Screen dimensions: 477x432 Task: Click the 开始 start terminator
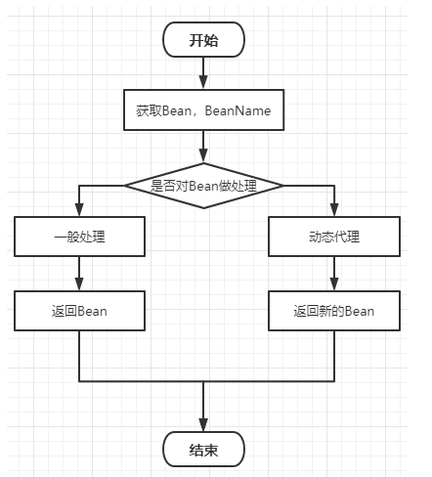(x=203, y=40)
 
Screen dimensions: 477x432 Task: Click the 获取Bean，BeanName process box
(x=203, y=111)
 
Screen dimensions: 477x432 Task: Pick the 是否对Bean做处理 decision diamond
(x=203, y=184)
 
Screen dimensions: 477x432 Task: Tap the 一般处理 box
(x=79, y=237)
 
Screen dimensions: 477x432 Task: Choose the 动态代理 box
(x=334, y=237)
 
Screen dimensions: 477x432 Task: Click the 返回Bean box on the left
(x=79, y=311)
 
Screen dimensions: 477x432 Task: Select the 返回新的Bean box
(x=334, y=311)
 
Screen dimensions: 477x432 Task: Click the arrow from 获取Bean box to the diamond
(x=203, y=147)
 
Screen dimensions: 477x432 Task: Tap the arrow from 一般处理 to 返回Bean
(x=79, y=274)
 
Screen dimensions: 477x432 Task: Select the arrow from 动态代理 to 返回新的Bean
(x=334, y=274)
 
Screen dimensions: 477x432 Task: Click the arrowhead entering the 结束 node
(x=203, y=425)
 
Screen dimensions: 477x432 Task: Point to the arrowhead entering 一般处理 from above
(x=79, y=211)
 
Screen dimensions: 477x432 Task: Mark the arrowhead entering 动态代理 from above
(x=334, y=211)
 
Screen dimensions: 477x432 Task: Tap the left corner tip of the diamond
(x=124, y=184)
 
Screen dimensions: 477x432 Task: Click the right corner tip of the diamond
(x=283, y=184)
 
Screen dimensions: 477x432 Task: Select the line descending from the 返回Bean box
(x=79, y=357)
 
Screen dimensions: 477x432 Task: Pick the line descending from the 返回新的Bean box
(x=334, y=357)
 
